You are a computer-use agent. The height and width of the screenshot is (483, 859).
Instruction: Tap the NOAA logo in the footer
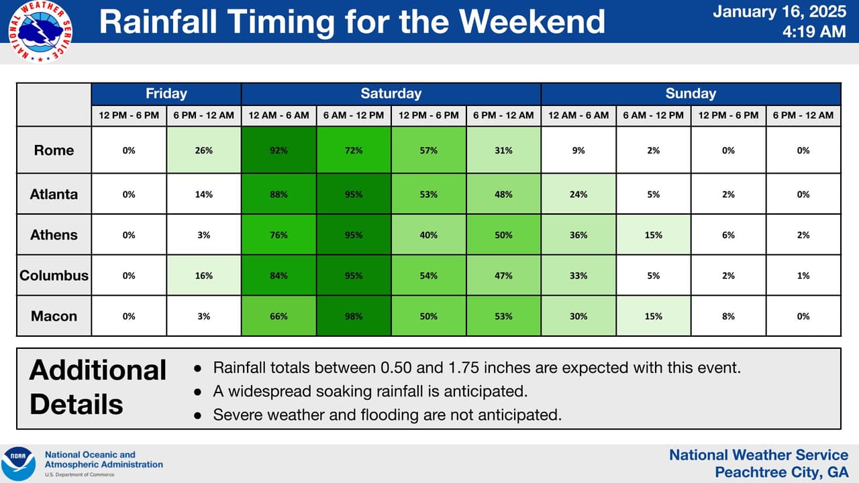coord(19,464)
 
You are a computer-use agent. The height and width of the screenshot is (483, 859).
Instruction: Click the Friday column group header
coord(166,94)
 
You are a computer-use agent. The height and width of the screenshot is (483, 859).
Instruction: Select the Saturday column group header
coord(391,94)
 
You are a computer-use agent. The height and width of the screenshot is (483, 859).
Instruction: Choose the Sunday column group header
coord(690,94)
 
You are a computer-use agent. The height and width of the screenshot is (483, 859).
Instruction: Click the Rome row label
coord(54,150)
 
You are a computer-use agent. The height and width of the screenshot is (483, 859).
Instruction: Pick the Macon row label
coord(54,316)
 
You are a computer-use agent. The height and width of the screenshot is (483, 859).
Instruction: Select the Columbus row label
coord(54,275)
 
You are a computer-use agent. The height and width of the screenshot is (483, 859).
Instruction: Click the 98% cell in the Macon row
coord(353,316)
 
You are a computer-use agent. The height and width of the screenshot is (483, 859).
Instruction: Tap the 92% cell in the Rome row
coord(279,150)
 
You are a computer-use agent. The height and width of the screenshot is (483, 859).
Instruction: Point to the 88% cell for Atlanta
coord(279,195)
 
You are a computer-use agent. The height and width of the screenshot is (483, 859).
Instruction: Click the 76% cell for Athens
coord(279,235)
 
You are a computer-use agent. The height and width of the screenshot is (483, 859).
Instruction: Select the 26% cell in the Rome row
coord(203,150)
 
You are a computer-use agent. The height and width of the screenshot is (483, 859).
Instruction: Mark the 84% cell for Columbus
coord(279,275)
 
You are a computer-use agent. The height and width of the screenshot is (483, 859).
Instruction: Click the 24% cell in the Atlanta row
coord(578,195)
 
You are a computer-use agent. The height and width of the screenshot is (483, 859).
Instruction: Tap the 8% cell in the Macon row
coord(728,316)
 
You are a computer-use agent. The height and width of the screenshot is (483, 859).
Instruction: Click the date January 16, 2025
coord(779,12)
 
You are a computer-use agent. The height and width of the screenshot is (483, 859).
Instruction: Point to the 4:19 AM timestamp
coord(813,32)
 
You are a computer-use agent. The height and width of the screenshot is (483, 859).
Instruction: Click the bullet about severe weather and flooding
coord(387,415)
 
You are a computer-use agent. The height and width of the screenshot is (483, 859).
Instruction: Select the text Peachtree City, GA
coord(776,472)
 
